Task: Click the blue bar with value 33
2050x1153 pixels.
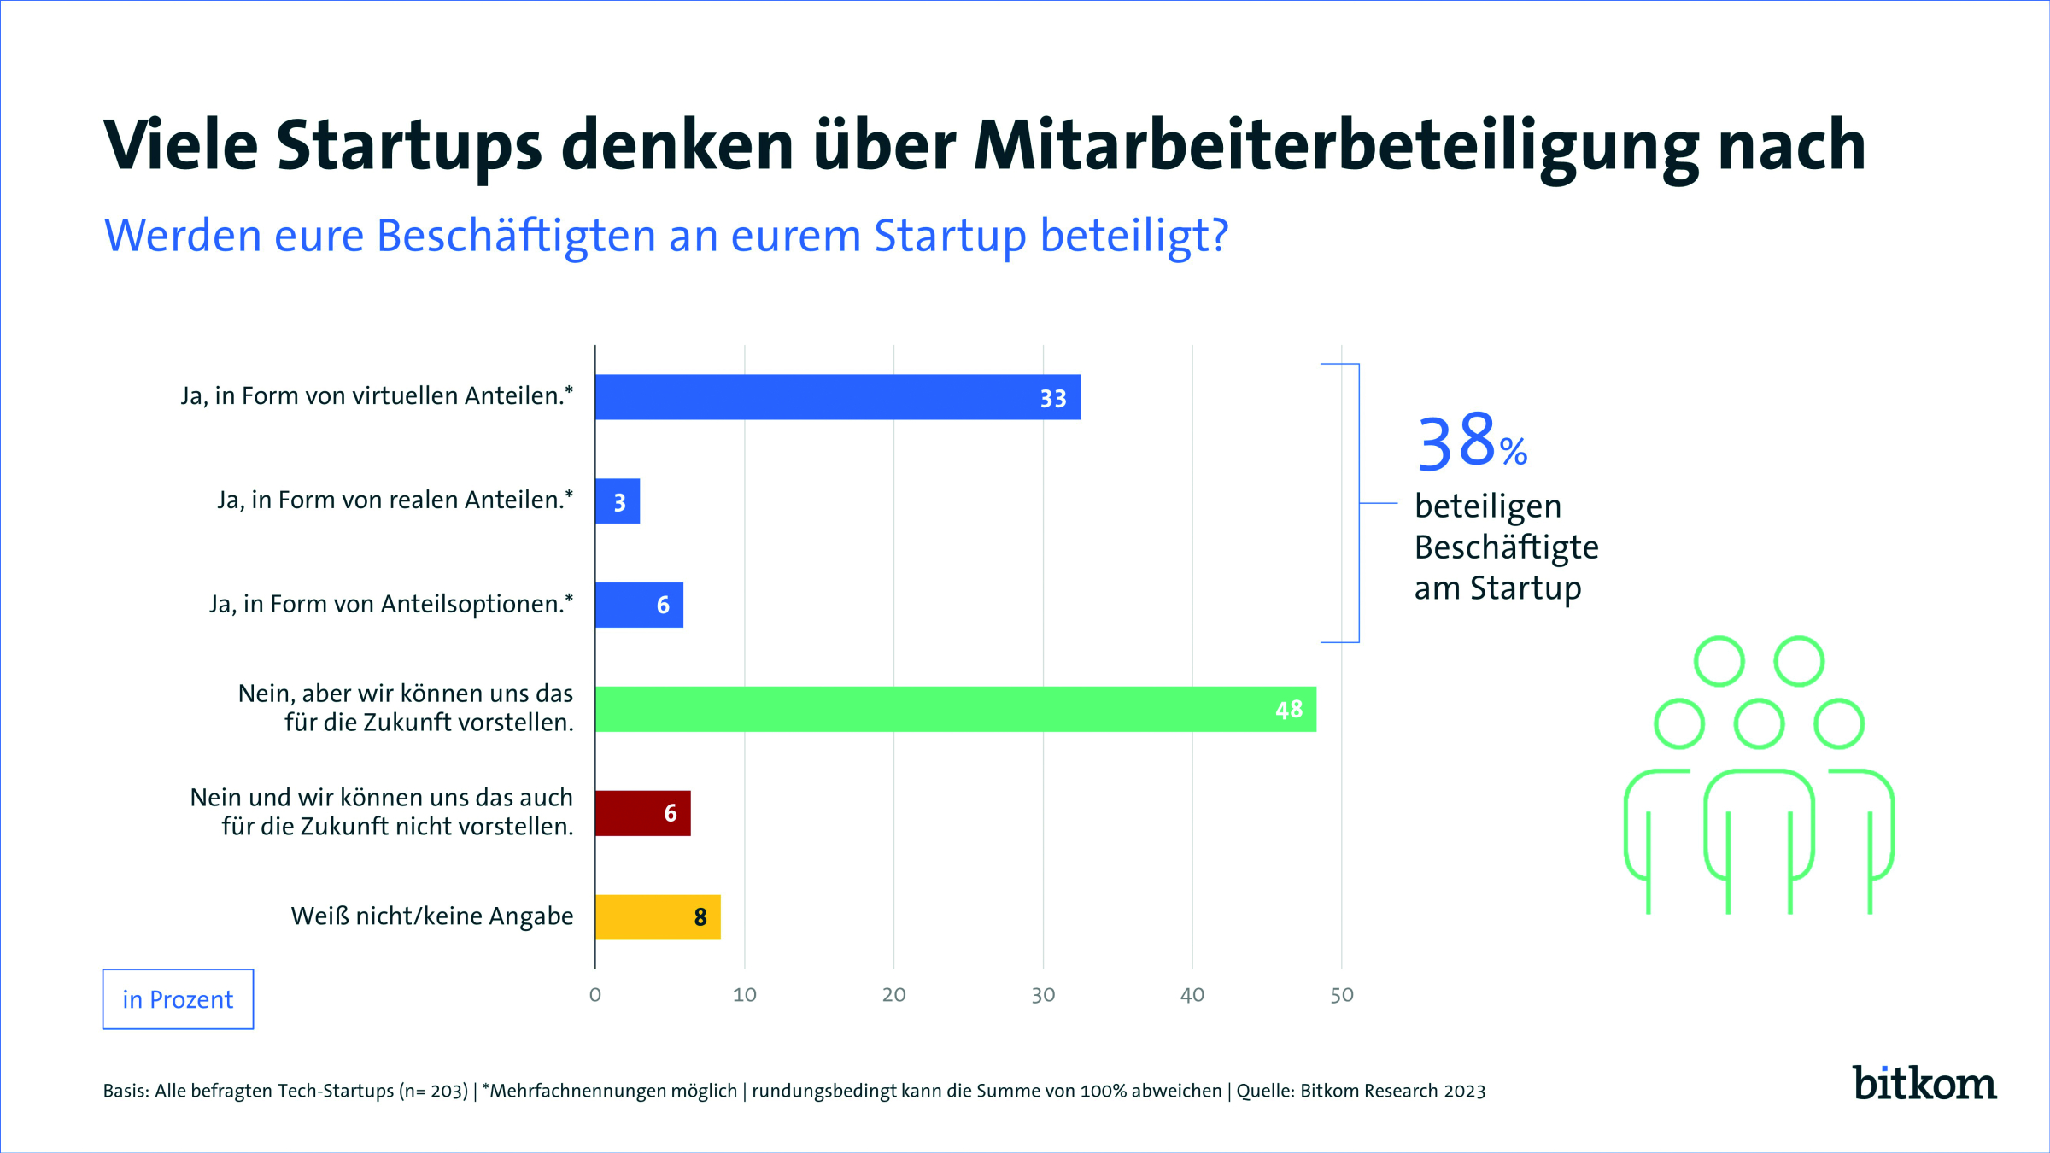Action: (x=837, y=397)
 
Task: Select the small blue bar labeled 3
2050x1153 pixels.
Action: (x=617, y=501)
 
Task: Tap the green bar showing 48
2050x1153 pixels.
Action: (x=955, y=709)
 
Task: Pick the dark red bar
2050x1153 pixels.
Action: (x=642, y=813)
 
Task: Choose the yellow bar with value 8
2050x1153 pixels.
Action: (x=657, y=917)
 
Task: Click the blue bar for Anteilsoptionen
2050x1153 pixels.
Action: (x=639, y=605)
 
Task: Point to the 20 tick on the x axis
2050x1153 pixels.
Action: (x=893, y=995)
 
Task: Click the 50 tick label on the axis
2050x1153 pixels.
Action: (x=1341, y=995)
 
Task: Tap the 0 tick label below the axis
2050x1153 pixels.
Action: (x=595, y=995)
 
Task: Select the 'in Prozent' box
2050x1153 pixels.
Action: (x=178, y=999)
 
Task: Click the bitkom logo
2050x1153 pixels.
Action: (x=1924, y=1084)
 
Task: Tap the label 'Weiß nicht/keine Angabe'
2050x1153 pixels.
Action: (x=431, y=916)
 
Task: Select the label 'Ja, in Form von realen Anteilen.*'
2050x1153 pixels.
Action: (x=395, y=500)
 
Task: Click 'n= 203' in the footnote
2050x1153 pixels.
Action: (x=435, y=1092)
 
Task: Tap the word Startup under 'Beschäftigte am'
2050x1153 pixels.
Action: (x=1526, y=588)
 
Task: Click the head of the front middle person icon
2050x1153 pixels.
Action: (x=1759, y=724)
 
